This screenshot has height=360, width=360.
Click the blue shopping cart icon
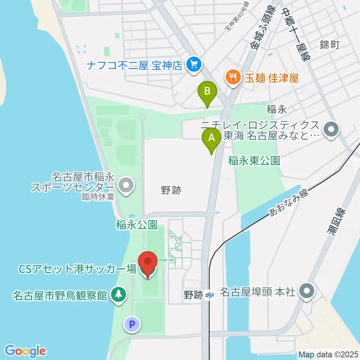(194, 65)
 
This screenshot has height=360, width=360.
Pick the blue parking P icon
(132, 324)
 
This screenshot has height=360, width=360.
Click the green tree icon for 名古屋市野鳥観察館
(118, 295)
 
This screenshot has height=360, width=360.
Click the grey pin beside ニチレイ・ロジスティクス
(331, 130)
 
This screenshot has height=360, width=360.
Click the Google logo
(25, 351)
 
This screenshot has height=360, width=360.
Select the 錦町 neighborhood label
(330, 45)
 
